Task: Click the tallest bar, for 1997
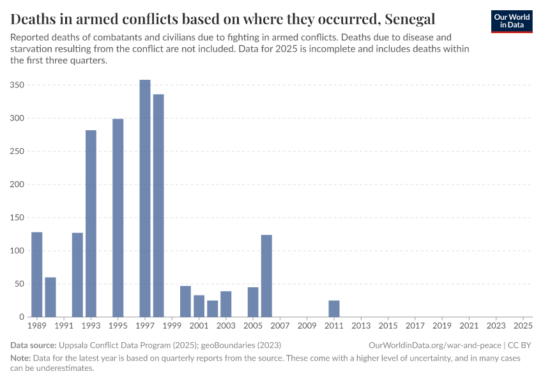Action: pyautogui.click(x=145, y=198)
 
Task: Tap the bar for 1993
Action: pyautogui.click(x=91, y=223)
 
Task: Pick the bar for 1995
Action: pyautogui.click(x=118, y=218)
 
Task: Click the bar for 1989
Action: pyautogui.click(x=37, y=274)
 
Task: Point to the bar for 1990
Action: pyautogui.click(x=50, y=297)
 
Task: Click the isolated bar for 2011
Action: pyautogui.click(x=334, y=308)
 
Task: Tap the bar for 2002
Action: pyautogui.click(x=213, y=308)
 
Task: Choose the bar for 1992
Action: pyautogui.click(x=77, y=274)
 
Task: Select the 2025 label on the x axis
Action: pyautogui.click(x=523, y=326)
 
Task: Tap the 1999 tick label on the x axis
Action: pyautogui.click(x=172, y=326)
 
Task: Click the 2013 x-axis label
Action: pyautogui.click(x=361, y=326)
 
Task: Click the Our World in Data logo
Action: pyautogui.click(x=512, y=21)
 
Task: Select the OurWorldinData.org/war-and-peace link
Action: pyautogui.click(x=434, y=345)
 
